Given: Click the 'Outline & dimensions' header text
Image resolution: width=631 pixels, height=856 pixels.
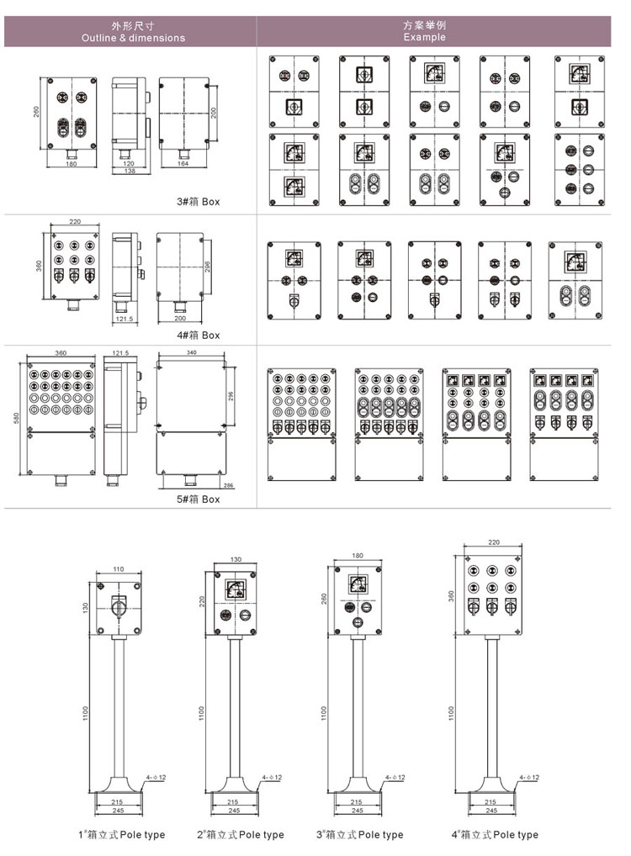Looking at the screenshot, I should [133, 38].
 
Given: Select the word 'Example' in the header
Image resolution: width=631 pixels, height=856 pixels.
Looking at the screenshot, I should [424, 38].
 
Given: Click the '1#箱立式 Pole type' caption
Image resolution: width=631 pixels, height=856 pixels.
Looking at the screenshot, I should [121, 835].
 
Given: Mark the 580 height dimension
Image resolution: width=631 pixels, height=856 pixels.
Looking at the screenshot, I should [17, 416].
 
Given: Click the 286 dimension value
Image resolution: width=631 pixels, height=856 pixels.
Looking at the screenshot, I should [229, 486].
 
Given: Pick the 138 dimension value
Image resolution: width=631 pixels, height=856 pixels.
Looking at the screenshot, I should [128, 171].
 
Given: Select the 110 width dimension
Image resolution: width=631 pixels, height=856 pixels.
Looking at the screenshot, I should [118, 569].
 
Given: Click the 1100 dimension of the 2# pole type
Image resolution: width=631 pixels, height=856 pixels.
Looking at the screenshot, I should [200, 711].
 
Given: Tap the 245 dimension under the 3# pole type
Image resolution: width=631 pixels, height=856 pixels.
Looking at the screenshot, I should [357, 811].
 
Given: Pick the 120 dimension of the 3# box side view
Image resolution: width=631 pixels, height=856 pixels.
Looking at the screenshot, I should [129, 162].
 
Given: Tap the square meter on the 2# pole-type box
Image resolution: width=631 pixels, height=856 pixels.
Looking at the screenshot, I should [235, 588].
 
